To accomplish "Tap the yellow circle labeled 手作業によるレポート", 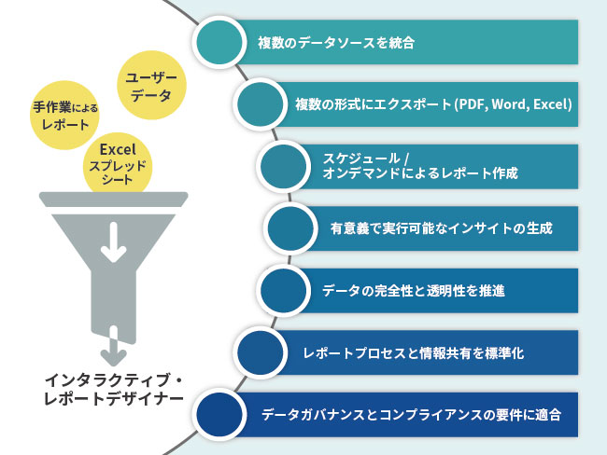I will (x=65, y=116).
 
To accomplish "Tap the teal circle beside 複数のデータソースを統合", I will (x=222, y=43).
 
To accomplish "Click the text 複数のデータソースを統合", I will (x=336, y=43).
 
